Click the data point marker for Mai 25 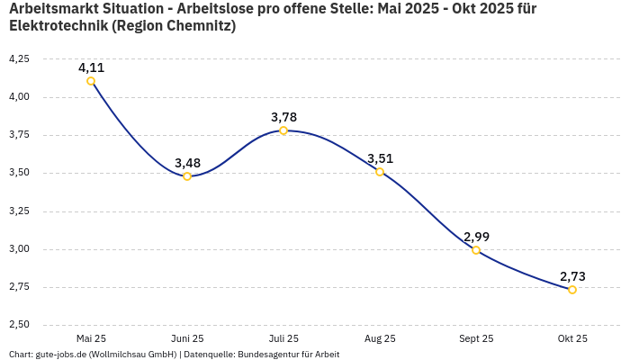[91, 81]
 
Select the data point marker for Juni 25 [187, 176]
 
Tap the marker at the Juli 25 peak [283, 130]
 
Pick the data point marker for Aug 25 [380, 172]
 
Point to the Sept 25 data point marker [476, 250]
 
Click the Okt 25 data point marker [572, 290]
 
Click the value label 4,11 [91, 67]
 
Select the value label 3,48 [187, 163]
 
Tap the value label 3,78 [283, 117]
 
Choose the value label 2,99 [476, 237]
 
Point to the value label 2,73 [572, 276]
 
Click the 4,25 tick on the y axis [18, 58]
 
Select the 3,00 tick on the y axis [18, 249]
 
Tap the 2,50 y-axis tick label [18, 325]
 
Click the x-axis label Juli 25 [283, 339]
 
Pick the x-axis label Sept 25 [476, 339]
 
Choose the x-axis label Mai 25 [91, 339]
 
